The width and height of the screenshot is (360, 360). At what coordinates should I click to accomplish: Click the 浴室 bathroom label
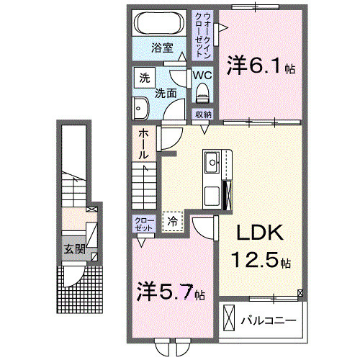pyautogui.click(x=162, y=48)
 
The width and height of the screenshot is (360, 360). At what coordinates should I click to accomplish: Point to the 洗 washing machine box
pyautogui.click(x=143, y=77)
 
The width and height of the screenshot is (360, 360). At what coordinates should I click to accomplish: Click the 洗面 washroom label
pyautogui.click(x=166, y=94)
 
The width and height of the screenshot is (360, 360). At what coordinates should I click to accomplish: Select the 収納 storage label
pyautogui.click(x=202, y=114)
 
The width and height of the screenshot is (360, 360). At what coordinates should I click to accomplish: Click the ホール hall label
pyautogui.click(x=143, y=143)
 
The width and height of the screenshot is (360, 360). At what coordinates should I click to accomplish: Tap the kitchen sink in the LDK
pyautogui.click(x=212, y=163)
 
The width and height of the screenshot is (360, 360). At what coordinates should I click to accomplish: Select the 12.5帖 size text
pyautogui.click(x=261, y=260)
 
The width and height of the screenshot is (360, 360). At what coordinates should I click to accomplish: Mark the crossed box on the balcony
pyautogui.click(x=229, y=317)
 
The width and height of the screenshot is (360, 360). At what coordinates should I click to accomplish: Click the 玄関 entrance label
pyautogui.click(x=70, y=249)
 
